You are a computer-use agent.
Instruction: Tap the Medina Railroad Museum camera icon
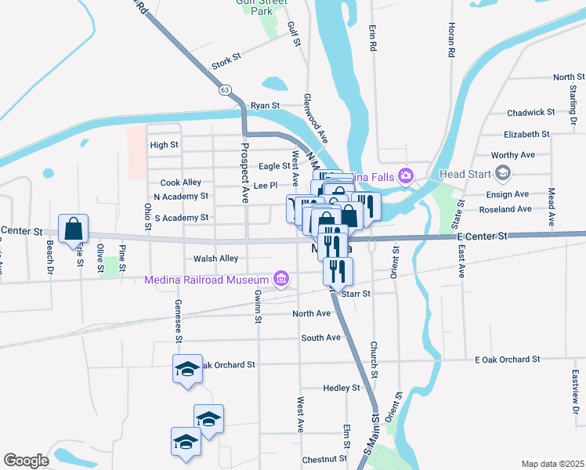[x=280, y=279]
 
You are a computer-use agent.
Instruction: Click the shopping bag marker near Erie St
[x=73, y=230]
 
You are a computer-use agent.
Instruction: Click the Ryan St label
[x=265, y=105]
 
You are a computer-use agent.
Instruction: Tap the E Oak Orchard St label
[x=508, y=359]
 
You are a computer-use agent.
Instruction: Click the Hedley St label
[x=341, y=388]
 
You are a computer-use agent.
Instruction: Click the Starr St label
[x=354, y=293]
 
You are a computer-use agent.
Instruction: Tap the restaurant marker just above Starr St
[x=338, y=270]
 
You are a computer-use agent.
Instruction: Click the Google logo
[x=26, y=460]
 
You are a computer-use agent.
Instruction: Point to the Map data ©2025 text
[x=552, y=463]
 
